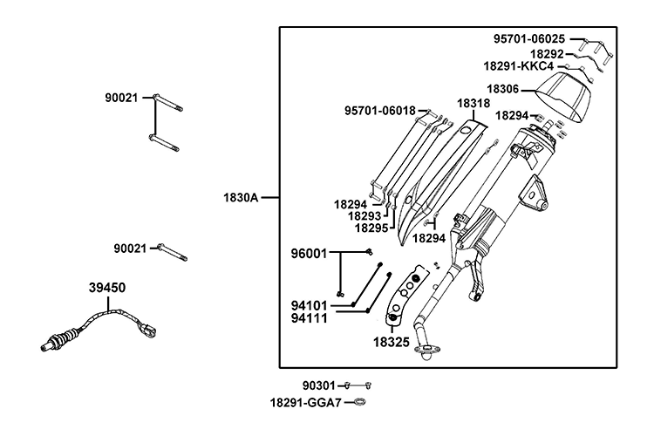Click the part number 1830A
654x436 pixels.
click(242, 198)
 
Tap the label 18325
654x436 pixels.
click(392, 343)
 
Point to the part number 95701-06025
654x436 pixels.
click(528, 39)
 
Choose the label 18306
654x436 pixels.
click(503, 88)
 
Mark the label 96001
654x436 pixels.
click(309, 254)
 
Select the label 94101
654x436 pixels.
click(309, 306)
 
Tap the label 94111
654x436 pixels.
click(309, 318)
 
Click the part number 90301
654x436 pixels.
click(318, 385)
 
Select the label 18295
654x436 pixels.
click(371, 228)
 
